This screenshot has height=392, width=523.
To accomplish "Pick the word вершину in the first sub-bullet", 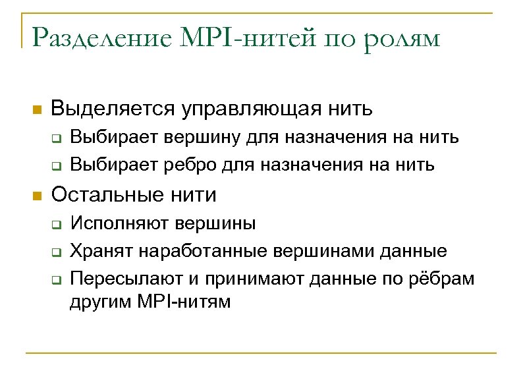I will coord(208,138).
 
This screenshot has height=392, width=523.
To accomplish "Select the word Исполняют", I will coord(119,225).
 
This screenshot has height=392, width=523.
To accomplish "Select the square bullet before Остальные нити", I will coord(37,196).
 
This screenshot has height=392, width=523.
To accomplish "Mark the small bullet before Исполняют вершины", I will coord(57,225).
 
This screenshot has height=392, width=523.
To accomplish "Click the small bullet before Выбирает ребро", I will coord(57,166).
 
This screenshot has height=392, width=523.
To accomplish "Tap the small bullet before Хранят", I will coord(57,252).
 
